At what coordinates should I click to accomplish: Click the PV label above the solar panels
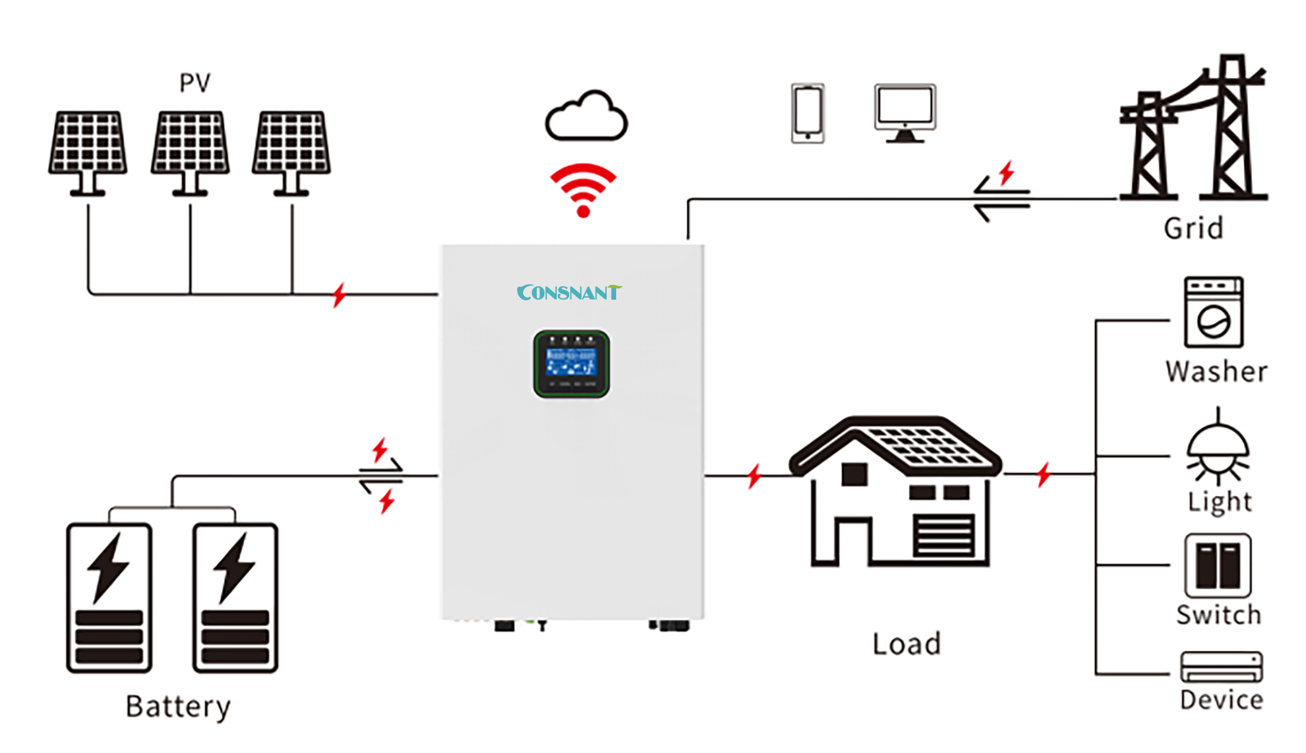coord(194,83)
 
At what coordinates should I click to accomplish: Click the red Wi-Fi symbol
coord(583,189)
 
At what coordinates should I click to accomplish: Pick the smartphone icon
coord(808,113)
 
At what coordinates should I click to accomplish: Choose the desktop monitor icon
coord(905,112)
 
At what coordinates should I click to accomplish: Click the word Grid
coord(1193,228)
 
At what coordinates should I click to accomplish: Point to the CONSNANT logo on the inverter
coord(568,292)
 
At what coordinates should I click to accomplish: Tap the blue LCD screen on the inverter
coord(571,362)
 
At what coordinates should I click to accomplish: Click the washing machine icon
coord(1213,312)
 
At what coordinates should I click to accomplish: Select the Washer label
coord(1216,372)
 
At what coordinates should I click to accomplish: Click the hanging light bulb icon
coord(1217,449)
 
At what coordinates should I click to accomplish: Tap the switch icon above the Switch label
coord(1217,565)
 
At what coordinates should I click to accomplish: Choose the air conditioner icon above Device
coord(1221,667)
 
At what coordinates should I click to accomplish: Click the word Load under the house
coord(907,644)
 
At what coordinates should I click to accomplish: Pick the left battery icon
coord(109,598)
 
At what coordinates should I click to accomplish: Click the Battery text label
coord(178,707)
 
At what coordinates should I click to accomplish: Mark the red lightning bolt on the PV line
coord(339,295)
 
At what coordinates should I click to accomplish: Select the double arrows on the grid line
coord(1001,199)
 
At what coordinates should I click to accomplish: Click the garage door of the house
coord(943,536)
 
